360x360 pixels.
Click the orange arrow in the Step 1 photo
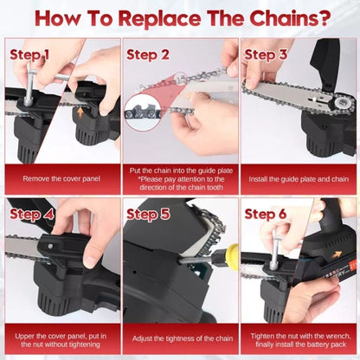point(81,112)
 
